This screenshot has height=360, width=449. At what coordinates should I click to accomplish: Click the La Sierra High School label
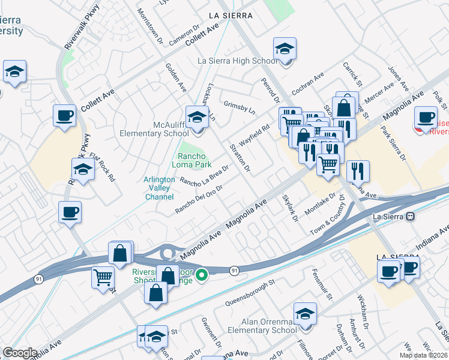[x=238, y=61]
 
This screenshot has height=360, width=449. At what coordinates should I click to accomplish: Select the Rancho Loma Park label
[x=191, y=160]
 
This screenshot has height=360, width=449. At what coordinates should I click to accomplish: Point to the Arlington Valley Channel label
[x=159, y=188]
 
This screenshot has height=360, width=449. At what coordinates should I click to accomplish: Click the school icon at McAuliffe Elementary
[x=196, y=117]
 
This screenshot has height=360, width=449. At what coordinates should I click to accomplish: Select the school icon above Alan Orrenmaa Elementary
[x=305, y=314]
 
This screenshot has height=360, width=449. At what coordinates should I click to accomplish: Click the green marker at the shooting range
[x=203, y=275]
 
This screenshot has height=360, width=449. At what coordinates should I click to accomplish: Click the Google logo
[x=20, y=353]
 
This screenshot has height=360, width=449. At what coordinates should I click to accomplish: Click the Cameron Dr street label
[x=184, y=35]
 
